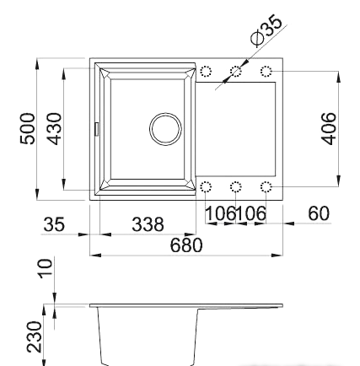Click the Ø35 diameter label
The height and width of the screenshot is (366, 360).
coord(266,30)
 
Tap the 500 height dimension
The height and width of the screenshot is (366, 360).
coord(28,129)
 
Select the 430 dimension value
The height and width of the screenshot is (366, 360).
coord(53,129)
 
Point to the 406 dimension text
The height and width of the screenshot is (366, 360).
coord(328,129)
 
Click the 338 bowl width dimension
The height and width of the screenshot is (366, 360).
coord(148,224)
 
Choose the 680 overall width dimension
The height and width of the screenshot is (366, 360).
coord(186,245)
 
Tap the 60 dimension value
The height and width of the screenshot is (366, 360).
coord(319,213)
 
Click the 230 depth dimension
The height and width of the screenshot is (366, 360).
coord(35,336)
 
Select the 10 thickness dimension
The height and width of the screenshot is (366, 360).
coord(45,268)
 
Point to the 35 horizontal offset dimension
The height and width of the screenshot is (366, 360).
coord(54,224)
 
